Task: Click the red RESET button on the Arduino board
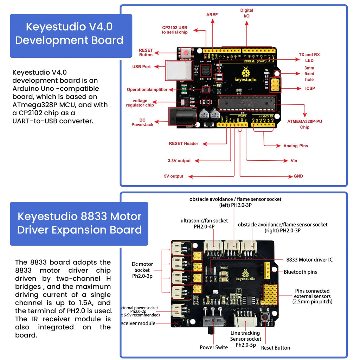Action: pyautogui.click(x=186, y=53)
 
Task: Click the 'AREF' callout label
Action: pyautogui.click(x=212, y=15)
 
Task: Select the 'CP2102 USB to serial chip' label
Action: pyautogui.click(x=175, y=30)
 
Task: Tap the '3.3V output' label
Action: pyautogui.click(x=179, y=161)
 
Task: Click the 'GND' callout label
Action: pyautogui.click(x=298, y=176)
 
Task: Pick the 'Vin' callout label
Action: pyautogui.click(x=294, y=161)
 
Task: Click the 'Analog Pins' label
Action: pyautogui.click(x=296, y=146)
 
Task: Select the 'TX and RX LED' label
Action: pyautogui.click(x=309, y=58)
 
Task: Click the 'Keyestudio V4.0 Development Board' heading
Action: pyautogui.click(x=69, y=33)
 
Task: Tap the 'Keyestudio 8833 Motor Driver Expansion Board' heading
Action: pyautogui.click(x=79, y=223)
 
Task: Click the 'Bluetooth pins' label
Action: pyautogui.click(x=300, y=272)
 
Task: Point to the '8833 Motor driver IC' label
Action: pyautogui.click(x=309, y=260)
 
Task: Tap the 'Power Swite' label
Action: pyautogui.click(x=214, y=347)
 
